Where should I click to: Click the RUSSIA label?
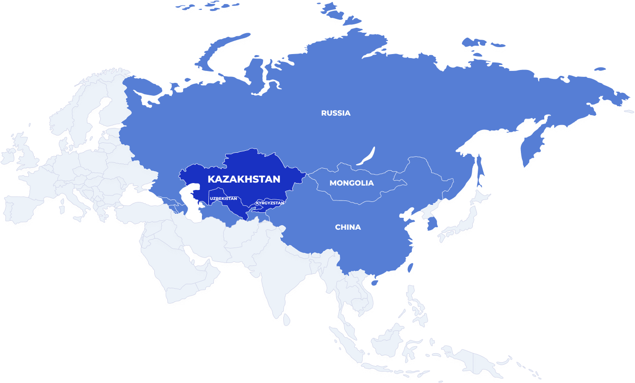(x=336, y=113)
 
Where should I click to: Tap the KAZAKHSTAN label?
(x=244, y=179)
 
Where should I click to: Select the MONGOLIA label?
(x=352, y=183)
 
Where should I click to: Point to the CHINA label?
(x=348, y=227)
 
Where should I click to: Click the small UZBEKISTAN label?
(x=223, y=199)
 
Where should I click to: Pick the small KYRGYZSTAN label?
(x=270, y=203)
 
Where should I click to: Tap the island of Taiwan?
(x=410, y=269)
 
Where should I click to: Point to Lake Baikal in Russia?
(x=367, y=156)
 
